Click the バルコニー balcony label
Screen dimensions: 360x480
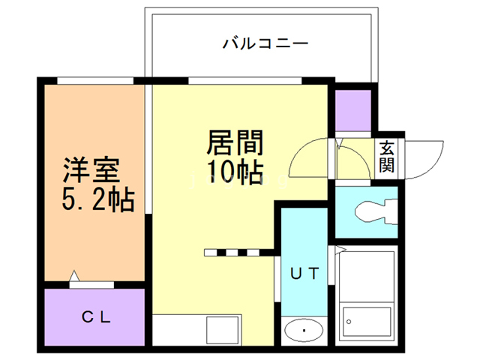[265, 43]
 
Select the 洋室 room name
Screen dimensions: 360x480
[91, 169]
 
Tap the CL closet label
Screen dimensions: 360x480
[96, 316]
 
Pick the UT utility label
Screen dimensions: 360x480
[305, 274]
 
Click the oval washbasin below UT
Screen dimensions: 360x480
[304, 330]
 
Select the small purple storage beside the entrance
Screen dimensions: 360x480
[353, 109]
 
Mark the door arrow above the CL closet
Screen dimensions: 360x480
[74, 277]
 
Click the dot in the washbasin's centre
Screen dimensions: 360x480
[304, 330]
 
